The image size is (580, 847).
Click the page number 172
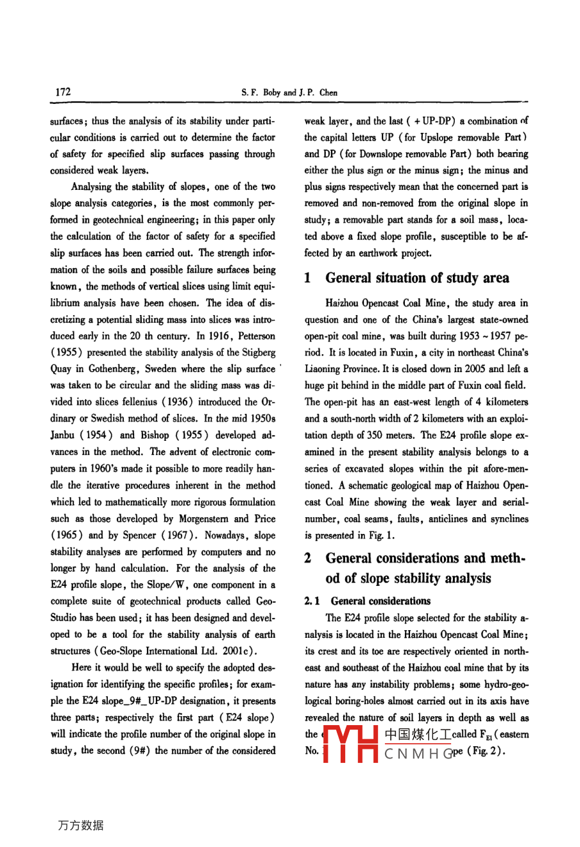[x=63, y=92]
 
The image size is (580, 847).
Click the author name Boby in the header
[x=271, y=92]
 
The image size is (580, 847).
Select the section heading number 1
[x=309, y=278]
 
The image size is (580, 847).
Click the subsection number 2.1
[x=312, y=601]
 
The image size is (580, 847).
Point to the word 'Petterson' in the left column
[x=256, y=336]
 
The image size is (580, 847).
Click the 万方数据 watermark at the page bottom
[x=81, y=825]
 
